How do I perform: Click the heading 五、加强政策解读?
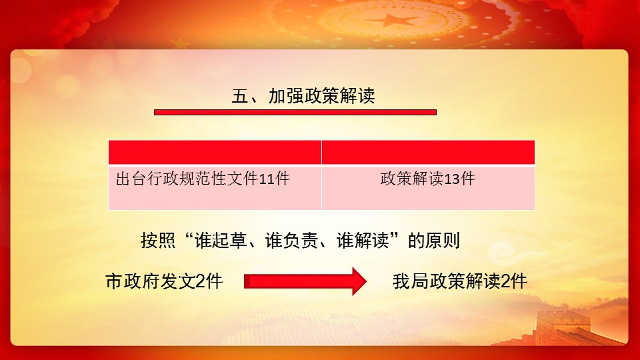tap(303, 96)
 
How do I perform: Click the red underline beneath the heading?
tap(295, 112)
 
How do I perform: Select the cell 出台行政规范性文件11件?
tap(215, 188)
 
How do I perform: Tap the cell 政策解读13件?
tap(428, 188)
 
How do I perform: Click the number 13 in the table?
tap(452, 179)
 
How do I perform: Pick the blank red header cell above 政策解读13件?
tap(428, 152)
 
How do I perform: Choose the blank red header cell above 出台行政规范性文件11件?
tap(215, 152)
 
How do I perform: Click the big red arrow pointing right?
tap(305, 281)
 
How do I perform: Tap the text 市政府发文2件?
tap(164, 281)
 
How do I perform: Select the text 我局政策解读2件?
tap(460, 281)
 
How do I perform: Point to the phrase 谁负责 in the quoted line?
tap(291, 241)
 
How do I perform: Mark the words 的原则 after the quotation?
tap(434, 241)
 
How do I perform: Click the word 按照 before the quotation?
tap(158, 241)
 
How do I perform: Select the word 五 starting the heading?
tap(240, 96)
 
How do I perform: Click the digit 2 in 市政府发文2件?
tap(201, 281)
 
